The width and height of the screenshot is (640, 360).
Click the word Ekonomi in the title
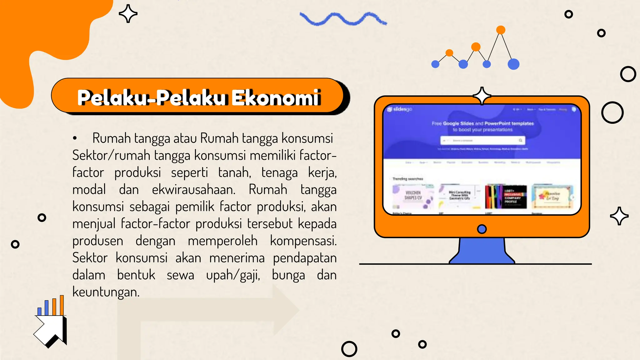pyautogui.click(x=276, y=97)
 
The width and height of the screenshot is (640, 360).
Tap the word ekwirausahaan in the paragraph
pyautogui.click(x=193, y=190)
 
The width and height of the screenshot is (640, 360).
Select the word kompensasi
pyautogui.click(x=303, y=241)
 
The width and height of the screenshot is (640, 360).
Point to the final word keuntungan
pyautogui.click(x=106, y=292)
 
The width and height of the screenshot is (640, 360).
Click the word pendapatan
pyautogui.click(x=305, y=258)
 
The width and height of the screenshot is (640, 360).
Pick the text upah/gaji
pyautogui.click(x=233, y=275)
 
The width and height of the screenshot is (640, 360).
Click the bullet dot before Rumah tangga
pyautogui.click(x=75, y=138)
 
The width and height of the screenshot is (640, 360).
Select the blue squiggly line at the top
pyautogui.click(x=343, y=19)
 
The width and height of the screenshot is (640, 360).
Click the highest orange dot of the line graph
pyautogui.click(x=501, y=30)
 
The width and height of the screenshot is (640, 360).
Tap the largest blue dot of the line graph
pyautogui.click(x=513, y=64)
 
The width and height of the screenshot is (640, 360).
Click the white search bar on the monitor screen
pyautogui.click(x=482, y=141)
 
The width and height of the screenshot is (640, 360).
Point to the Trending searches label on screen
pyautogui.click(x=407, y=179)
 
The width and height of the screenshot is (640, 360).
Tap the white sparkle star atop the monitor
pyautogui.click(x=482, y=96)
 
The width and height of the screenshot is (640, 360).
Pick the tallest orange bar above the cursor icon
pyautogui.click(x=62, y=305)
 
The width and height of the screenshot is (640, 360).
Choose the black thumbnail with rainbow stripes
pyautogui.click(x=506, y=197)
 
